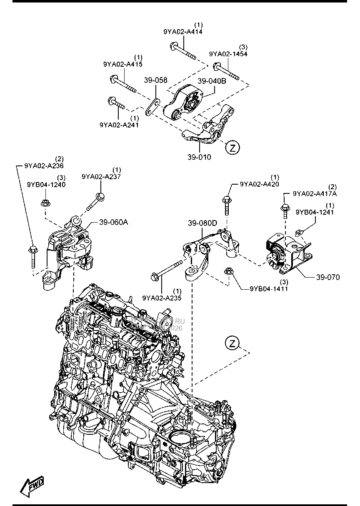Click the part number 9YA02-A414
pyautogui.click(x=183, y=31)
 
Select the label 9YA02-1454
pyautogui.click(x=228, y=54)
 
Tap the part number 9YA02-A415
pyautogui.click(x=123, y=64)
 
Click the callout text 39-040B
pyautogui.click(x=212, y=81)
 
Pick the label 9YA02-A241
pyautogui.click(x=119, y=124)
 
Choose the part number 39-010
pyautogui.click(x=199, y=157)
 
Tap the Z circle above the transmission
pyautogui.click(x=232, y=344)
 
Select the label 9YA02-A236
pyautogui.click(x=44, y=165)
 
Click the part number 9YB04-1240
pyautogui.click(x=46, y=185)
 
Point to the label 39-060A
pyautogui.click(x=113, y=223)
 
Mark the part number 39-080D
pyautogui.click(x=202, y=223)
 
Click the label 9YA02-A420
pyautogui.click(x=259, y=184)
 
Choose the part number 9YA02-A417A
pyautogui.click(x=315, y=193)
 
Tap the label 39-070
pyautogui.click(x=327, y=277)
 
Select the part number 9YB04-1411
pyautogui.click(x=269, y=288)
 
